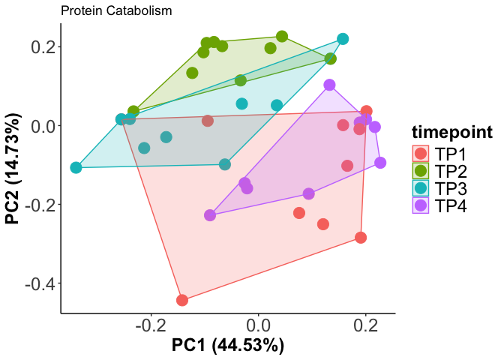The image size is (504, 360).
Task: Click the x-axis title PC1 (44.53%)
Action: pyautogui.click(x=228, y=346)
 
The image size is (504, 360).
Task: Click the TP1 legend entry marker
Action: pyautogui.click(x=421, y=154)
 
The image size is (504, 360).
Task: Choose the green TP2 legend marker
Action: pyautogui.click(x=421, y=171)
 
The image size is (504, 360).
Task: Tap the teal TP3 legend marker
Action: pyautogui.click(x=421, y=188)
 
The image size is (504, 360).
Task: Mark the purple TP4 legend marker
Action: pyautogui.click(x=421, y=205)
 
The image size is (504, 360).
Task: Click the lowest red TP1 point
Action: pyautogui.click(x=182, y=300)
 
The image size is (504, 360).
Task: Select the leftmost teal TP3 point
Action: pyautogui.click(x=76, y=167)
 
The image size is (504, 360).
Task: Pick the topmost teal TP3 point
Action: pyautogui.click(x=343, y=39)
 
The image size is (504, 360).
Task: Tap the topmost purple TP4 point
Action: pyautogui.click(x=329, y=85)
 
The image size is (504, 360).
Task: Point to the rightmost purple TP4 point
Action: pyautogui.click(x=380, y=163)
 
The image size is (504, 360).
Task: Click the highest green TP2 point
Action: pyautogui.click(x=282, y=37)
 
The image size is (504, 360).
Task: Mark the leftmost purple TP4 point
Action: pyautogui.click(x=210, y=215)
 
